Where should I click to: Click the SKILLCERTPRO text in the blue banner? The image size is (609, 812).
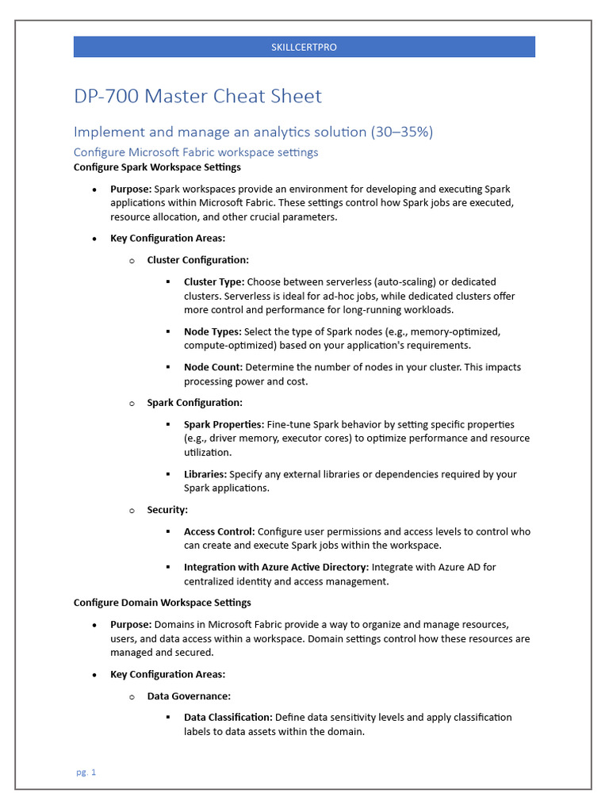pos(304,48)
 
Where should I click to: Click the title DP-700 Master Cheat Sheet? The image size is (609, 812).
pos(197,97)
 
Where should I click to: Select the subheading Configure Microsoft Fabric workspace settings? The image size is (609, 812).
pos(196,151)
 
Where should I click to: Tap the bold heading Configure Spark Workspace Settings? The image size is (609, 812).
pos(157,167)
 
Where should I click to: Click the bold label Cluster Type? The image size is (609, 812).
pos(213,282)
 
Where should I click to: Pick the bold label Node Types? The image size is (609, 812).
pos(213,331)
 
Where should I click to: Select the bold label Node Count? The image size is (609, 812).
pos(213,367)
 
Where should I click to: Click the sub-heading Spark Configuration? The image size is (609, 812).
pos(195,403)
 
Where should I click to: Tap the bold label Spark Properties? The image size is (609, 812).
pos(224,424)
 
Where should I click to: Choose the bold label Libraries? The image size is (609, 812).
pos(205,474)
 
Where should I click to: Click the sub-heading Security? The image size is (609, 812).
pos(167,510)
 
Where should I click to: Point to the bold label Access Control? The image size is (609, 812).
pos(219,531)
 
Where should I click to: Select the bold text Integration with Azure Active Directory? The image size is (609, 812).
pos(276,567)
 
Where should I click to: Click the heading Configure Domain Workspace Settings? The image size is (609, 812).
pos(162,603)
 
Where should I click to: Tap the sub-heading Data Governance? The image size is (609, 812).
pos(189,696)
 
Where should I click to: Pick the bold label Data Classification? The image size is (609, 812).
pos(228,718)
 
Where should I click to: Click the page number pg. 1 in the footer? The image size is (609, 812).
pos(86,772)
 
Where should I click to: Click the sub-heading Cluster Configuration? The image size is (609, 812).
pos(197,260)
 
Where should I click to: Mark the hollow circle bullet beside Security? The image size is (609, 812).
pos(132,511)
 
